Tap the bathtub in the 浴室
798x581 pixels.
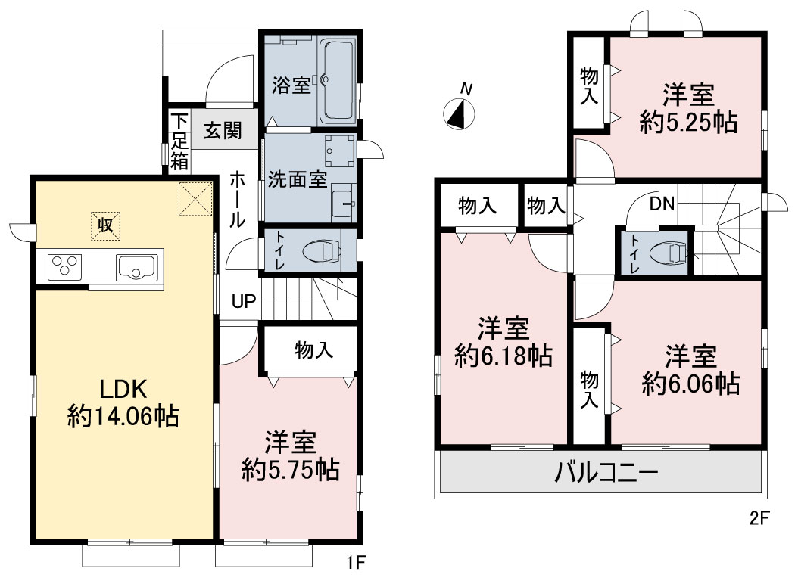click(338, 79)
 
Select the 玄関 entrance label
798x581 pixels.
click(223, 131)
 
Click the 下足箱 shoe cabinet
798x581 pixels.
click(179, 141)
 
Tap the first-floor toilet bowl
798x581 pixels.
click(322, 251)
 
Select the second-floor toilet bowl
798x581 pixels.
click(670, 252)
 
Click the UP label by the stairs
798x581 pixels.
click(244, 301)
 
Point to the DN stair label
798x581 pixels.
click(662, 204)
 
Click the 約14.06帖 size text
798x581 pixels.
click(123, 418)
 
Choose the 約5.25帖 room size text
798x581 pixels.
click(688, 123)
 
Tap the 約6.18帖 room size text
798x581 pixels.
click(503, 356)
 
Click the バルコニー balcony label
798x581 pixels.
click(606, 473)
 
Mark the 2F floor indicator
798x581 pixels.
click(759, 517)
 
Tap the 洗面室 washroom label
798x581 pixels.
click(298, 179)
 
